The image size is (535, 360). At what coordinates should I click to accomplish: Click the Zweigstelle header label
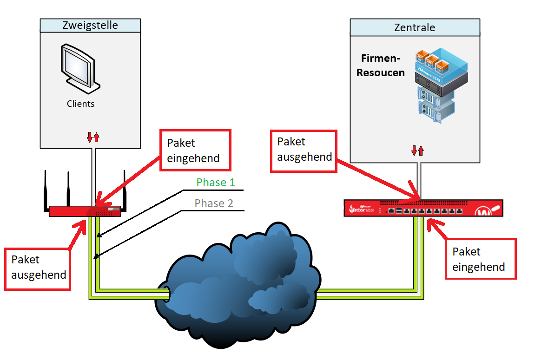(90, 26)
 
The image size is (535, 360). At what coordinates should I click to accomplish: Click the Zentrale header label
(414, 27)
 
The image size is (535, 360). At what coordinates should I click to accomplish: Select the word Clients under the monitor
(80, 104)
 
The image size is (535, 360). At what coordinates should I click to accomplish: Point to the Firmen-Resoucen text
(381, 65)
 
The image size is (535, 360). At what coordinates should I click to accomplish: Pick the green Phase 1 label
(216, 183)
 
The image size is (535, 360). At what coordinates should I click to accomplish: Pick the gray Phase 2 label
(214, 203)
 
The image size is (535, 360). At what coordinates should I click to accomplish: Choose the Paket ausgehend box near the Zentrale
(304, 150)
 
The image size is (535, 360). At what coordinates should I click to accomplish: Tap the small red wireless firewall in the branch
(85, 211)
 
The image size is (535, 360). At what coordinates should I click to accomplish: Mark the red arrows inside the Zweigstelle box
(93, 137)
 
